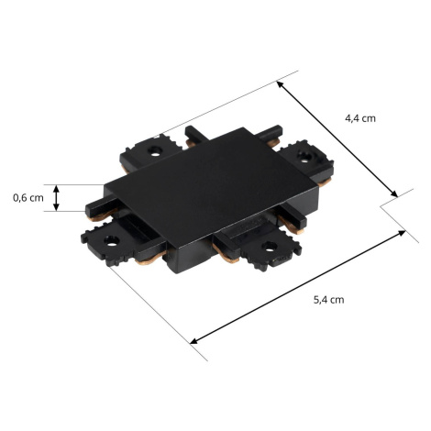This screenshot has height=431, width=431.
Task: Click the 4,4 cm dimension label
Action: click(x=360, y=118)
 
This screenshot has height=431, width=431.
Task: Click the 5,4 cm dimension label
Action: click(x=328, y=300)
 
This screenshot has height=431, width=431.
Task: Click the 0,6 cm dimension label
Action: click(x=28, y=198)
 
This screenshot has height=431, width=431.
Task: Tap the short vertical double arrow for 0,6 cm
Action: click(x=56, y=198)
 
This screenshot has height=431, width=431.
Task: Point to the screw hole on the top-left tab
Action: click(x=155, y=150)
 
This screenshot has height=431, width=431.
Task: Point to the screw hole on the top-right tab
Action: click(x=304, y=156)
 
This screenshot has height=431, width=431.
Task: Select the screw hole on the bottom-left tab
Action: click(x=111, y=241)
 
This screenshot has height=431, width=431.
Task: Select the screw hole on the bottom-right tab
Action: click(x=269, y=247)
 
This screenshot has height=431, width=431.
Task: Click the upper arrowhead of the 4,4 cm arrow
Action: click(x=280, y=84)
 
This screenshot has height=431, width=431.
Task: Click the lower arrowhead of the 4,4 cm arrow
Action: click(x=394, y=193)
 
